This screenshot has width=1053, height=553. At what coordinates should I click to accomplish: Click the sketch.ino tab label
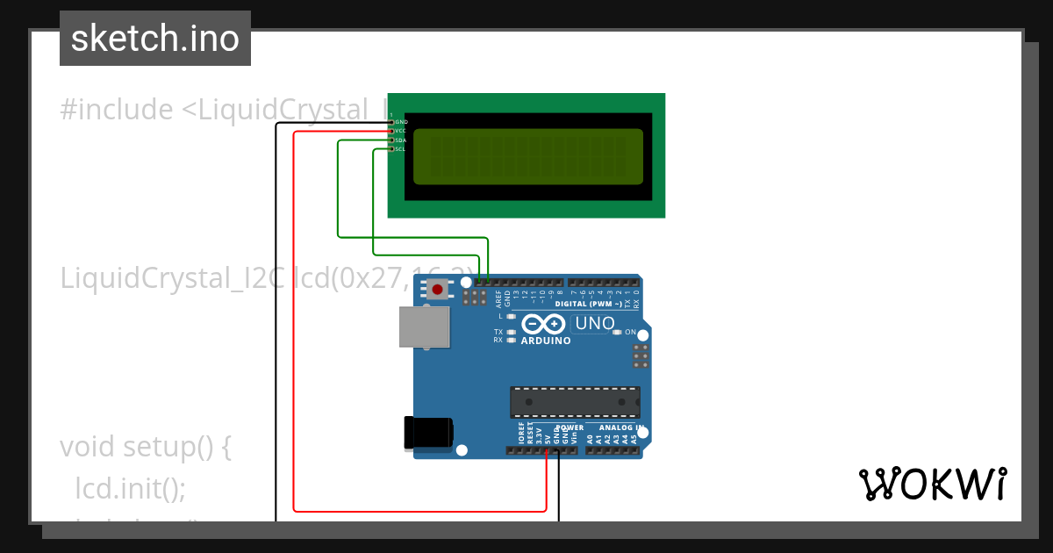(155, 39)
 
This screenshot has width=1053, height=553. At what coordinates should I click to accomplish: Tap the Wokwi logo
(932, 484)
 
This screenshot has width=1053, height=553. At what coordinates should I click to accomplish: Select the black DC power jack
(427, 432)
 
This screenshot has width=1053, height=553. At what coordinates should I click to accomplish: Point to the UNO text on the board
(595, 324)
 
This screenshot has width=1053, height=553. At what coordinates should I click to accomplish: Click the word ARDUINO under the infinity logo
(546, 341)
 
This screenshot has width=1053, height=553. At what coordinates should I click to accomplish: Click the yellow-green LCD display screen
(527, 156)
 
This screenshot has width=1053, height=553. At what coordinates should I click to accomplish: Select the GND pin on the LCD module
(391, 122)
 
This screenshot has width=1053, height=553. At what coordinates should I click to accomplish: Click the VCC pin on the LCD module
(391, 131)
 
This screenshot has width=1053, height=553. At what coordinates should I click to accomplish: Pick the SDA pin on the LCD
(391, 140)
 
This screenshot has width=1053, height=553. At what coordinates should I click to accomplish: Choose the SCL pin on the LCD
(391, 149)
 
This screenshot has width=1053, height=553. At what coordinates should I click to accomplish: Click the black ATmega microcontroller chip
(575, 401)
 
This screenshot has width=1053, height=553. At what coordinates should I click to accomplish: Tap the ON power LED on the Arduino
(617, 332)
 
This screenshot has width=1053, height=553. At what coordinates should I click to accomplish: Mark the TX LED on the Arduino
(512, 332)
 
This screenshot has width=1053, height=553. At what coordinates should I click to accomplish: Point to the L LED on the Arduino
(512, 316)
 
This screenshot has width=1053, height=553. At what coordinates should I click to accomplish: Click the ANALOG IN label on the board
(620, 427)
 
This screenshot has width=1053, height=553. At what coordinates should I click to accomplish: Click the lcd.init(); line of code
(131, 487)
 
